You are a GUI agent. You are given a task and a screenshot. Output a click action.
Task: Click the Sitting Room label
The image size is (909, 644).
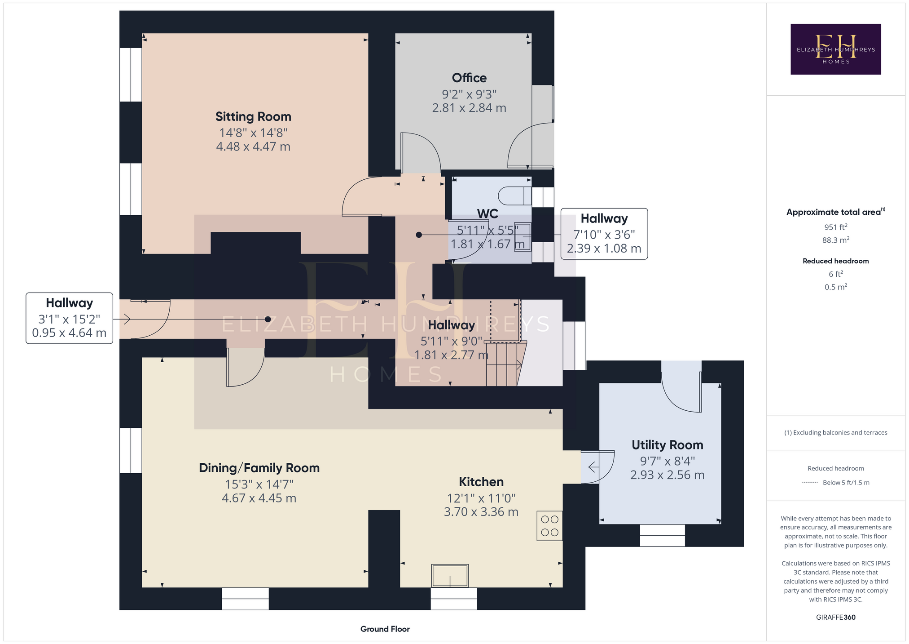click(253, 117)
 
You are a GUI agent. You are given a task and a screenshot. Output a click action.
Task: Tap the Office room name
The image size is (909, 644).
click(469, 78)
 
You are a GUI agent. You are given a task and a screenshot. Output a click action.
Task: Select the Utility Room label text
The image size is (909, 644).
click(667, 445)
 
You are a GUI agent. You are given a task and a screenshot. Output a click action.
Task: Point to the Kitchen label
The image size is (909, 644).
click(481, 482)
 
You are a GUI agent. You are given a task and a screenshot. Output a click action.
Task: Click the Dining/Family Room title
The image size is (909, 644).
click(259, 468)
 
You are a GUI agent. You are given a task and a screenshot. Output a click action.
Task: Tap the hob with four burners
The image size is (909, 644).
click(549, 526)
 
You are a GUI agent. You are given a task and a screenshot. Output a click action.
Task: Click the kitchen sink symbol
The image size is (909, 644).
click(450, 576)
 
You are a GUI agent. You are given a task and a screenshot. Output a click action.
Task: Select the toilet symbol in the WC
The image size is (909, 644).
click(514, 196)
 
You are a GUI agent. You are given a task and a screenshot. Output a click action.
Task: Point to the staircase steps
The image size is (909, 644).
click(505, 364)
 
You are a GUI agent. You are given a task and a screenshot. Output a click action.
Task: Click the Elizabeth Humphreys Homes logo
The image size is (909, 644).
click(835, 49)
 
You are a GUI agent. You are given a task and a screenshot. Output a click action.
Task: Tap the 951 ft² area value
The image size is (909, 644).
click(835, 227)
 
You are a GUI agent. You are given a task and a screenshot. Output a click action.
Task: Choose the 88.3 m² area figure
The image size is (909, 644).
click(835, 240)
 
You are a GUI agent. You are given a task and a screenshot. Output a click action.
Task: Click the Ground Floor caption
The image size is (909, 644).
click(385, 629)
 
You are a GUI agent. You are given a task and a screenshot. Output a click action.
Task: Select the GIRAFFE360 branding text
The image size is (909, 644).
click(835, 617)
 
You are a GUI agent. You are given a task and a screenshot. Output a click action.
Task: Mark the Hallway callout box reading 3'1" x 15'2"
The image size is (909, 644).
click(69, 318)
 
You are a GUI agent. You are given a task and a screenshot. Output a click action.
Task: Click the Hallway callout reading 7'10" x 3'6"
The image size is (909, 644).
click(604, 234)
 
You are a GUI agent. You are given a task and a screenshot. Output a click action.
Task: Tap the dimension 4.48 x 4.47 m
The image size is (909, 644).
click(253, 147)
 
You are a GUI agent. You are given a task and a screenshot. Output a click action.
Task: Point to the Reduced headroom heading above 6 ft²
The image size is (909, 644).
click(835, 261)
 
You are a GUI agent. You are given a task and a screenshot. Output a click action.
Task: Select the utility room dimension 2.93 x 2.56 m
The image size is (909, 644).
click(667, 475)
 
